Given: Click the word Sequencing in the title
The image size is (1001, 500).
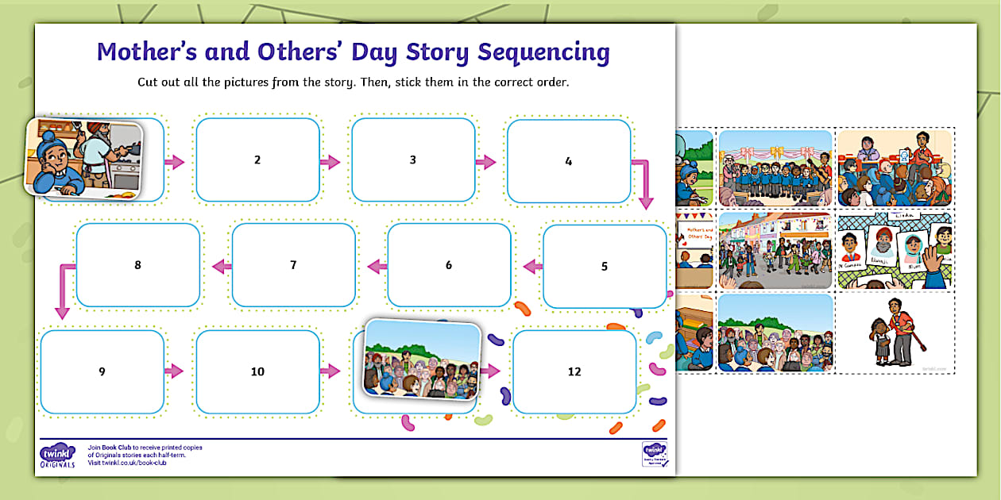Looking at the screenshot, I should tap(543, 52).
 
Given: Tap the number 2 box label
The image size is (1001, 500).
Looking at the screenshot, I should tap(257, 160).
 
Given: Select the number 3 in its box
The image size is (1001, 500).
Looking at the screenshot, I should tap(413, 160).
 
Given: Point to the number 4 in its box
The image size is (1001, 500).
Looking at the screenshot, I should tap(569, 161).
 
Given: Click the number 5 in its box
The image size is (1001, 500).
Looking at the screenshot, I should tap(605, 267).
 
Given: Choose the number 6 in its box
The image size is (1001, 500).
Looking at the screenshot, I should tap(449, 265).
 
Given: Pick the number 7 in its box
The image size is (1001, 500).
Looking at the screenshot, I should tap(293, 265).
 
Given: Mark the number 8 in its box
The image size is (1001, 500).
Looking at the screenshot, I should tap(137, 265).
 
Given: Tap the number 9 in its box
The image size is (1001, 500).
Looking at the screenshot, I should tap(102, 371).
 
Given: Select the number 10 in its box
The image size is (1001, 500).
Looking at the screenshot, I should tap(257, 371).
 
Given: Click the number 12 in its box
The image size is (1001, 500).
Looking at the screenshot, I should tap(574, 371).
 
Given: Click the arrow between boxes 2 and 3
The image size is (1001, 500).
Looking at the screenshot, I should tap(330, 162).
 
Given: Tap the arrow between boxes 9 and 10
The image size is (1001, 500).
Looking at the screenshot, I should tap(174, 371).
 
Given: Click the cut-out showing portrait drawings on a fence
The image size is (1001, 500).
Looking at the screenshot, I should tap(895, 250).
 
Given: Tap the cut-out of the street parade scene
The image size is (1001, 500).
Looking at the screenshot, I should tap(775, 250).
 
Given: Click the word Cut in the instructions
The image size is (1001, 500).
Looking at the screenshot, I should tap(149, 83).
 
